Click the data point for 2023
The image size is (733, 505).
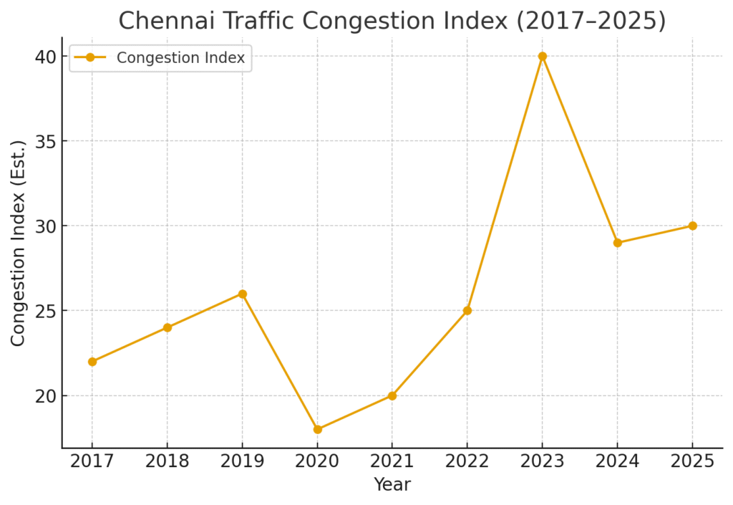542,56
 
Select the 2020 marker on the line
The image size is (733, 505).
317,430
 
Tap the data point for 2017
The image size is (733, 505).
92,362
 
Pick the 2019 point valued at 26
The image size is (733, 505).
243,294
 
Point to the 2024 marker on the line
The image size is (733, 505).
617,243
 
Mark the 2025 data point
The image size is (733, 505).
692,226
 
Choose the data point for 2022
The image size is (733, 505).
467,310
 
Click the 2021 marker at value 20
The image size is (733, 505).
392,395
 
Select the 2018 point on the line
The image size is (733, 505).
168,327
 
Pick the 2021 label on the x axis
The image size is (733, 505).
392,461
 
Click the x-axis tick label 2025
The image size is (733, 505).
692,461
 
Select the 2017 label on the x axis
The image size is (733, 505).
92,461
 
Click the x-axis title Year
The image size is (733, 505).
392,485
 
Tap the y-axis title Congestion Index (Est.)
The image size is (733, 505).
18,243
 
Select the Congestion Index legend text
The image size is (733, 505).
180,58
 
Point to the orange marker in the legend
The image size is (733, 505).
90,58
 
